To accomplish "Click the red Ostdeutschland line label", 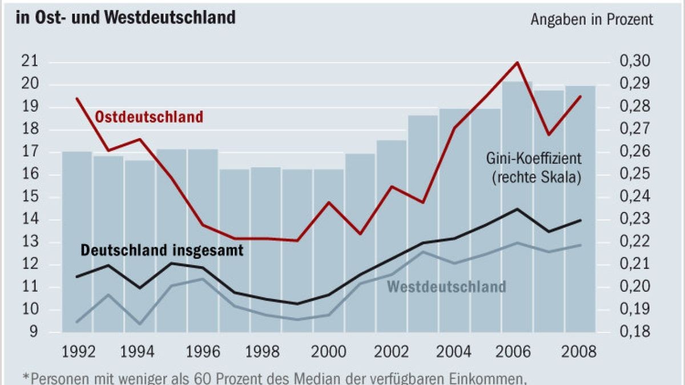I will [x=148, y=117].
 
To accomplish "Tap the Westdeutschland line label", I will [x=446, y=286].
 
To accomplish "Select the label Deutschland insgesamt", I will [x=162, y=250].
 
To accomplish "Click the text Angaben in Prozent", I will [x=591, y=19].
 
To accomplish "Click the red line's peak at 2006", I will [x=517, y=63].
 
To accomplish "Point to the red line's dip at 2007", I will [x=549, y=135].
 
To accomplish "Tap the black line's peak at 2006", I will [x=517, y=209].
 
